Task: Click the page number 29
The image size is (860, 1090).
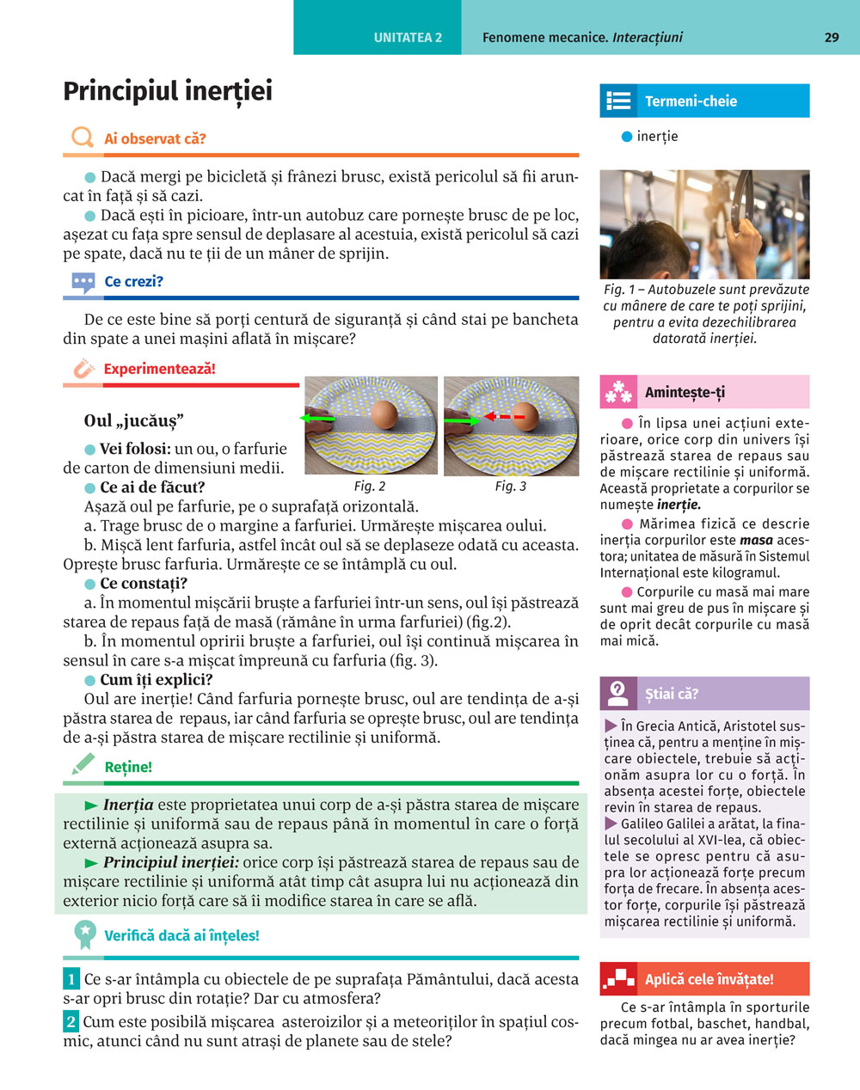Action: coord(831,37)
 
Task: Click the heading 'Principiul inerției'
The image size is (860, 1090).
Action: coord(168,91)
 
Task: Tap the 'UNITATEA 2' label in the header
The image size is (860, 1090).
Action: coord(408,37)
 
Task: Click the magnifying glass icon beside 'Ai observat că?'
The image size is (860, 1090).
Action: coord(83,138)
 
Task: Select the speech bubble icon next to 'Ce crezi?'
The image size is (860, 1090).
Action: coord(83,282)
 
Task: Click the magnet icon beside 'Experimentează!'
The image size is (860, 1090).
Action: coord(83,369)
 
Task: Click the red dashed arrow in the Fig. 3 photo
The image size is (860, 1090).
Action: coord(505,417)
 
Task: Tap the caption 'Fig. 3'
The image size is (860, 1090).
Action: coord(510,487)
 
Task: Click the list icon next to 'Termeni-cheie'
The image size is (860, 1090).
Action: coord(618,101)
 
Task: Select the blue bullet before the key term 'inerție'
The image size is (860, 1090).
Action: coord(627,137)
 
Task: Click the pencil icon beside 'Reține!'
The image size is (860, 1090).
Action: coord(83,765)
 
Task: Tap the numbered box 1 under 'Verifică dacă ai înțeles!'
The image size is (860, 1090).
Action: coord(71,979)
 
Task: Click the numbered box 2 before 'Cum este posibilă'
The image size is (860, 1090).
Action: coord(71,1022)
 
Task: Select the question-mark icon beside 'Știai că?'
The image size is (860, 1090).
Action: coord(617,693)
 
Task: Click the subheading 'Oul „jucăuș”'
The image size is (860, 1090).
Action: coord(134,420)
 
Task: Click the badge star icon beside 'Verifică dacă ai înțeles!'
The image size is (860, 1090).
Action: coord(84,934)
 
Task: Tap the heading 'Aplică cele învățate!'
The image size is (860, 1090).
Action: coord(709,979)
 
